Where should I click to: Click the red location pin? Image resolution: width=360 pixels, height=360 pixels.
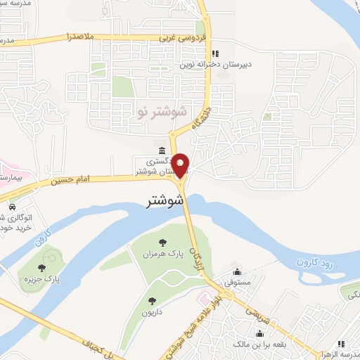[181, 166]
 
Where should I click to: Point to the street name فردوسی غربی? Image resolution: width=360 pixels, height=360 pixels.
[176, 37]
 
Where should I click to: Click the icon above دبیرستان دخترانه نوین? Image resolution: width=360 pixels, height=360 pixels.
[215, 53]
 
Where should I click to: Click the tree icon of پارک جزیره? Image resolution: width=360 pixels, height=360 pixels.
[43, 267]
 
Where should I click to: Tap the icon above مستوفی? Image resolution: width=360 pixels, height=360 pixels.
[237, 272]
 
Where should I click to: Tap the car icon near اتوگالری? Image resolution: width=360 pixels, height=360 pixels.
[13, 207]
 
